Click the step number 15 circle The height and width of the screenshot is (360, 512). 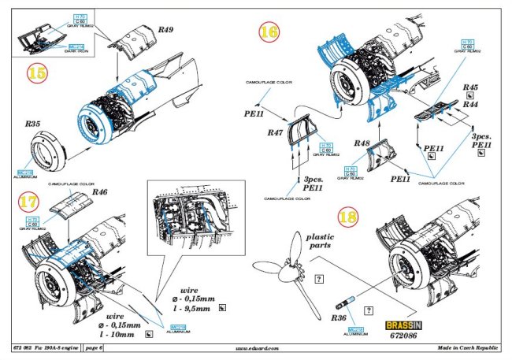(x=36, y=73)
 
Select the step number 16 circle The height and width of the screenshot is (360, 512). (x=270, y=31)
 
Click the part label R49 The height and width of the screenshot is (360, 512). (x=165, y=31)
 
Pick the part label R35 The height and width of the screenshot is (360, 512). (x=32, y=124)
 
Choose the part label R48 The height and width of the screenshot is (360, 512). (x=362, y=143)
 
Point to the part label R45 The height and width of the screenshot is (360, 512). (x=471, y=87)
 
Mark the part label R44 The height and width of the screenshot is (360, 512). (x=471, y=103)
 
